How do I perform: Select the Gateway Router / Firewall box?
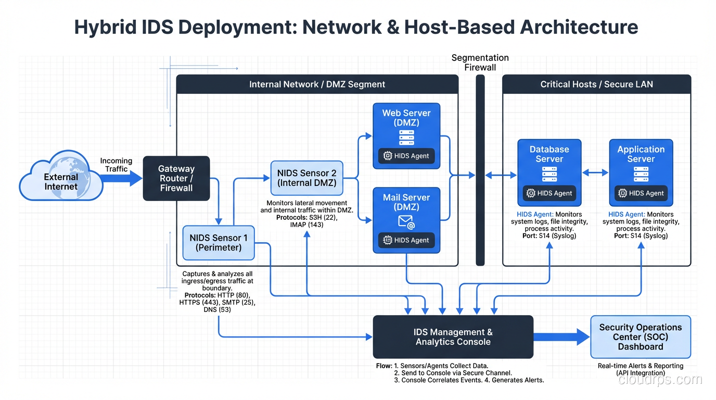pos(176,178)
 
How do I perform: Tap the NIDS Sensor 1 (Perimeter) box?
pos(219,243)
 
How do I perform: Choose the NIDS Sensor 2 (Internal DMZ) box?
pos(306,178)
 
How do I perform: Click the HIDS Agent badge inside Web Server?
pos(406,156)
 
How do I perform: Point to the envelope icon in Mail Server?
pos(406,222)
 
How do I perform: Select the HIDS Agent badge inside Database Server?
pos(549,193)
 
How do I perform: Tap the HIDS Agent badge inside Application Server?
pos(641,193)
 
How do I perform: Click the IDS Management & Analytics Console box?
pos(453,337)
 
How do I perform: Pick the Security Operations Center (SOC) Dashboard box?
pos(641,337)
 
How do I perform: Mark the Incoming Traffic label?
pos(116,165)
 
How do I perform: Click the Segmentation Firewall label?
pos(480,63)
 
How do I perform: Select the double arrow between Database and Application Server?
pos(595,172)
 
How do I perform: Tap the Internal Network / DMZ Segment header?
pos(317,84)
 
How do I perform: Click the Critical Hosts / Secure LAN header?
pos(596,84)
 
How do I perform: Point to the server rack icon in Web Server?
pos(406,137)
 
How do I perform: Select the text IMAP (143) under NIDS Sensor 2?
pos(306,225)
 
